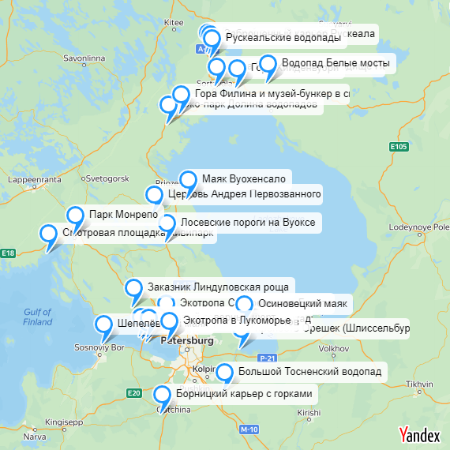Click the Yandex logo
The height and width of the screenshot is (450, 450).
click(x=419, y=434)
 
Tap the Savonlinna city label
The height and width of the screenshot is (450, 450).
click(x=84, y=58)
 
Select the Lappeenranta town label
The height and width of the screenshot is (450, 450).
click(x=28, y=179)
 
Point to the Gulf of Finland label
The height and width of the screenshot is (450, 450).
click(x=37, y=317)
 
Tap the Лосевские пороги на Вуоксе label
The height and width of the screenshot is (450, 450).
click(x=249, y=223)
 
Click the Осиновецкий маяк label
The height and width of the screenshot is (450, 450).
click(x=303, y=303)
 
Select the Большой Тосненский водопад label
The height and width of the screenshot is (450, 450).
click(x=309, y=370)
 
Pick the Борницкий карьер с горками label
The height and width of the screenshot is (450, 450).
click(x=245, y=393)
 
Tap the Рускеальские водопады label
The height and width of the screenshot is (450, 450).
click(x=283, y=37)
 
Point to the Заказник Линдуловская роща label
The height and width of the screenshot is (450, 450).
click(x=219, y=286)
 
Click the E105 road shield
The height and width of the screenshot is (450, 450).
click(x=399, y=146)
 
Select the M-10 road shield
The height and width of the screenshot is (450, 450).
click(x=249, y=429)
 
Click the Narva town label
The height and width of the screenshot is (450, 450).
click(x=35, y=435)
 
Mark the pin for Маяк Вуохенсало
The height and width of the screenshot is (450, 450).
click(x=188, y=180)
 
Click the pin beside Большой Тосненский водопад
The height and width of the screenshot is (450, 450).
click(x=225, y=373)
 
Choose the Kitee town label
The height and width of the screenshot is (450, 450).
click(x=173, y=23)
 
